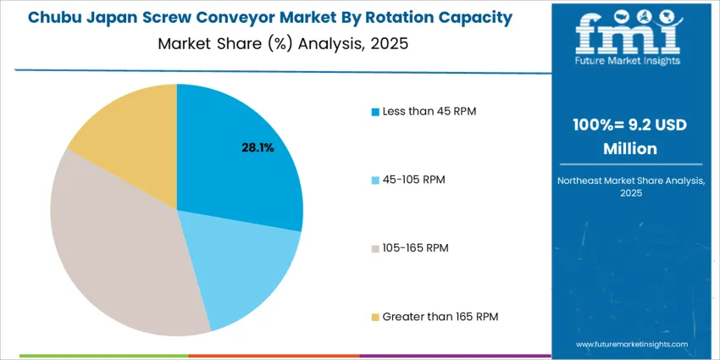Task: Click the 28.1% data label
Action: point(258,147)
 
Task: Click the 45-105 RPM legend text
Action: point(413,180)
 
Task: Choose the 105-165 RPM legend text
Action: point(415,247)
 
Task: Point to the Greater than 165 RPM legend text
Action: point(440,316)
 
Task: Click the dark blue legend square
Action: point(375,112)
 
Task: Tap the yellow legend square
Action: point(375,316)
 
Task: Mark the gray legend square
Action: point(375,247)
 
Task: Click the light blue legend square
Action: point(375,180)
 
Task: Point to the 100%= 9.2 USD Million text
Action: point(628,136)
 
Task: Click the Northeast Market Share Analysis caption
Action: point(628,186)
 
